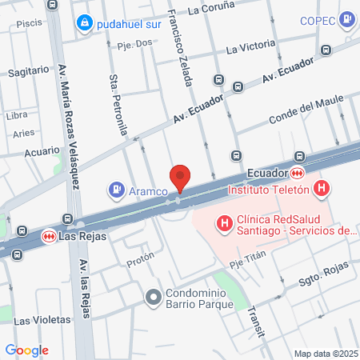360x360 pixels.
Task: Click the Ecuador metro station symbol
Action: pos(297,173)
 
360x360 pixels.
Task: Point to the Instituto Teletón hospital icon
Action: pos(322,190)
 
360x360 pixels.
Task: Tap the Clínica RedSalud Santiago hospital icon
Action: pos(225,222)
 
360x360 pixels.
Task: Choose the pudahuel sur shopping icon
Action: pos(84,25)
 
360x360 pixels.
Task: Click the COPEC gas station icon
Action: pos(346,18)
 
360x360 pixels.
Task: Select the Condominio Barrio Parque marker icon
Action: pos(153,298)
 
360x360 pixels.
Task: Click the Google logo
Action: pos(26,350)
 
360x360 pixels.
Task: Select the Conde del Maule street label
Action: pos(305,109)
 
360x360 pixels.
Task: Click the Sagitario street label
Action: pos(28,71)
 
